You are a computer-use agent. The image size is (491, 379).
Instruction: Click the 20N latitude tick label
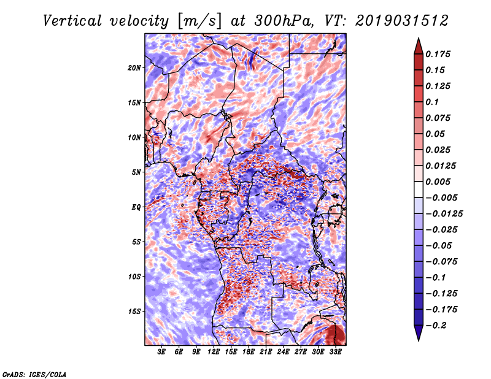coord(134,68)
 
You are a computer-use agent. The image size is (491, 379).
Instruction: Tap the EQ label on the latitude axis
coord(136,207)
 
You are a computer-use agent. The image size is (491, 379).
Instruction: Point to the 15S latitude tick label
coord(134,312)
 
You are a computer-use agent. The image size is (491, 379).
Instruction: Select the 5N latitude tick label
coord(136,172)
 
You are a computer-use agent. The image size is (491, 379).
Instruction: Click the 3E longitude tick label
coord(161,352)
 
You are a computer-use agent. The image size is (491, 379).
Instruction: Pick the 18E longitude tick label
coord(249,352)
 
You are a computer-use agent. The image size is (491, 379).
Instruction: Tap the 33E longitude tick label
coord(335,352)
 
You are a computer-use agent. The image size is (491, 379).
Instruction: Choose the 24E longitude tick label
coord(283,352)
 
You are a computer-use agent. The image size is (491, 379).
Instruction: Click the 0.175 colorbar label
coord(438,54)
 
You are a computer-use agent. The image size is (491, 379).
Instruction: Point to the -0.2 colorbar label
coord(436,326)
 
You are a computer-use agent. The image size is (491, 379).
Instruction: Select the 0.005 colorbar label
coord(438,182)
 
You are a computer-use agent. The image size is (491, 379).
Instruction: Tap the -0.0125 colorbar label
coord(444,214)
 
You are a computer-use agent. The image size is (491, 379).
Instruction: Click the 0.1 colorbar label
coord(432,102)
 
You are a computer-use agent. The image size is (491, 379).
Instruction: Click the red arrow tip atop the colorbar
coord(419,38)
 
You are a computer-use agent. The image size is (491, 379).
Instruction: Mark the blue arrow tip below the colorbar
coord(419,340)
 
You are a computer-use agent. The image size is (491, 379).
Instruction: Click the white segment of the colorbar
coord(419,189)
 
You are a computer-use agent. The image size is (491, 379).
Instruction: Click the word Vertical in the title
coord(72,21)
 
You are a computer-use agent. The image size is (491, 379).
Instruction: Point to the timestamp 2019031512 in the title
coord(402,21)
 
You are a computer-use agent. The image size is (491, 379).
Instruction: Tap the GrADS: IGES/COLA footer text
coord(34,374)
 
